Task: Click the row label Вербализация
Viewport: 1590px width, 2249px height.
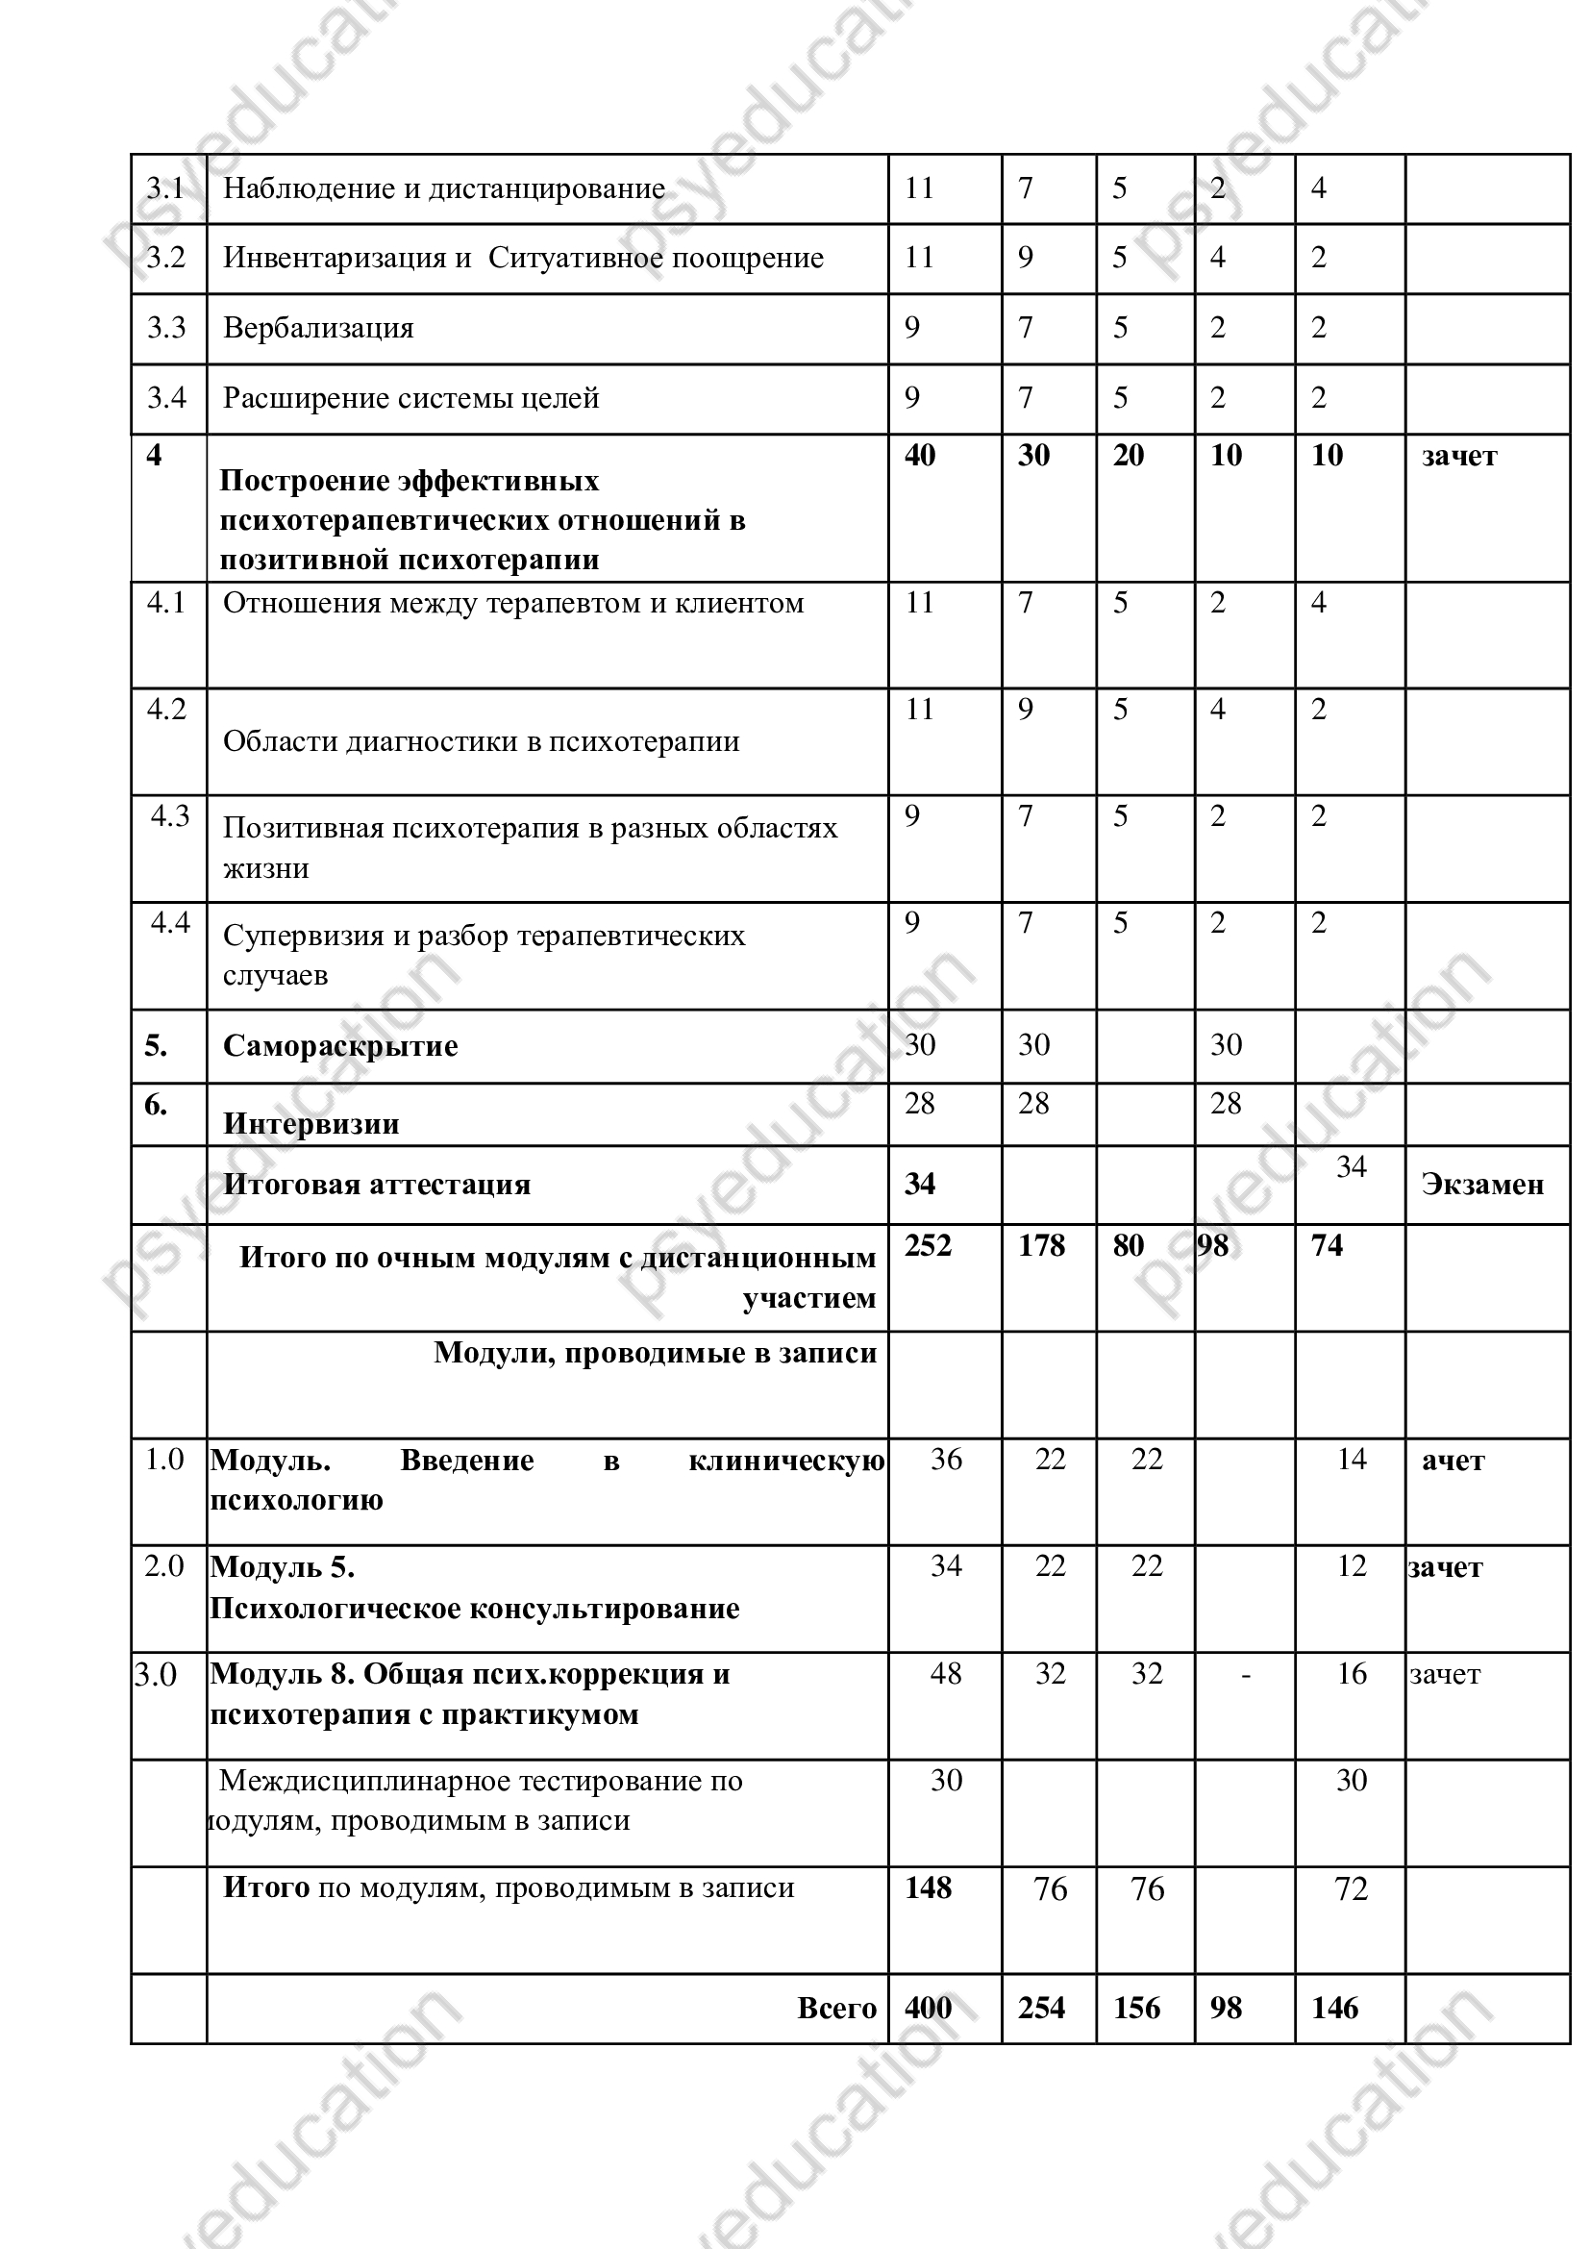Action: click(x=318, y=328)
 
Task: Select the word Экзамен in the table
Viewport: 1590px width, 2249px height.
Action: click(x=1481, y=1186)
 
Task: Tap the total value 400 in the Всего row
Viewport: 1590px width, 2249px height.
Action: click(x=927, y=2008)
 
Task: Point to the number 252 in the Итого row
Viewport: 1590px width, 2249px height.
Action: click(x=927, y=1246)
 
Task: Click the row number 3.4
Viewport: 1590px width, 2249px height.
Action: click(x=166, y=398)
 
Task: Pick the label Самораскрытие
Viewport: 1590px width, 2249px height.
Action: click(x=339, y=1046)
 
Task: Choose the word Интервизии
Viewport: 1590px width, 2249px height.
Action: click(x=311, y=1123)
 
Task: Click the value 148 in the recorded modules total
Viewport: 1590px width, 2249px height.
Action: click(x=927, y=1887)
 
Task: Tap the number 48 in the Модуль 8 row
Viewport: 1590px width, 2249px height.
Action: click(x=946, y=1673)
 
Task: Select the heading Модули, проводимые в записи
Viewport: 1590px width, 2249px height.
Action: click(x=655, y=1353)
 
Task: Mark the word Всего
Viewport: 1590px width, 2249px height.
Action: click(x=836, y=2008)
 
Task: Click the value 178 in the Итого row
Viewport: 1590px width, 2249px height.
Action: click(x=1041, y=1246)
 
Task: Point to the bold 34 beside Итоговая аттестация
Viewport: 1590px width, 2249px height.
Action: click(x=919, y=1185)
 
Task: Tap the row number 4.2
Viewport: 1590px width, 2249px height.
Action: click(x=166, y=710)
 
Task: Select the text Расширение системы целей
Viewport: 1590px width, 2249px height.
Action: click(x=411, y=399)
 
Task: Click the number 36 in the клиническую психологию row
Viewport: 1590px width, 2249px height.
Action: click(x=946, y=1460)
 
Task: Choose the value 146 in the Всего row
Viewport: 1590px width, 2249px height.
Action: click(x=1334, y=2008)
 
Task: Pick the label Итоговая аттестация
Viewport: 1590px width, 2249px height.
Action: click(x=377, y=1185)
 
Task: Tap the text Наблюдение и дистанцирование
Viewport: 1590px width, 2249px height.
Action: click(x=443, y=188)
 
